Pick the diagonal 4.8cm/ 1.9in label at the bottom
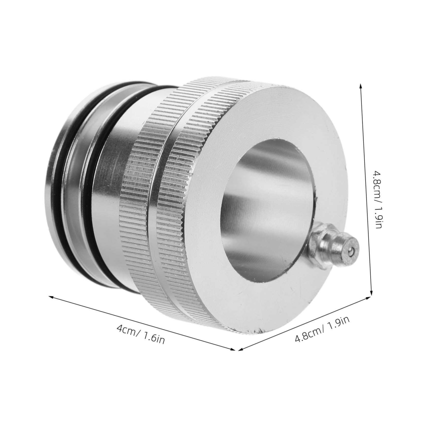coord(322,330)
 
